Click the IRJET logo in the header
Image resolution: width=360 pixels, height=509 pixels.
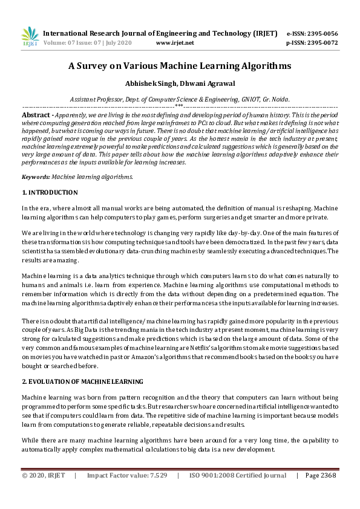(x=29, y=36)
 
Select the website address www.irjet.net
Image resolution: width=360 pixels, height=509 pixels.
(x=175, y=43)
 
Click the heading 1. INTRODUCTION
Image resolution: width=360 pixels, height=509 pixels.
(x=50, y=193)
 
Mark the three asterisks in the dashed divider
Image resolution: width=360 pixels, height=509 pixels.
(x=179, y=106)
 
